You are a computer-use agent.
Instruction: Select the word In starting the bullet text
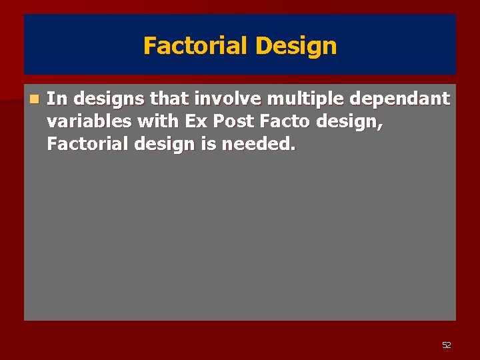coord(57,99)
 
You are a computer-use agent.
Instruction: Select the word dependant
coord(395,99)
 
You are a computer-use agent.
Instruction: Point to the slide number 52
coord(447,345)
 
